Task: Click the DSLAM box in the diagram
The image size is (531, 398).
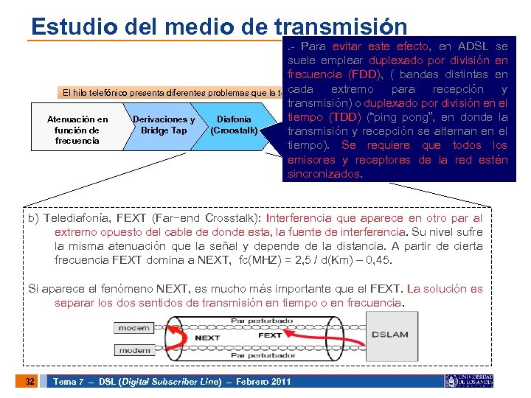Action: point(389,334)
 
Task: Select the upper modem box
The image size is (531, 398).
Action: point(134,327)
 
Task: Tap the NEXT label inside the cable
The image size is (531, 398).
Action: point(207,338)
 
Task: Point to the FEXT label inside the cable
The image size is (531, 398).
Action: point(270,335)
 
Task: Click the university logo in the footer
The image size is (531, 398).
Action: point(469,380)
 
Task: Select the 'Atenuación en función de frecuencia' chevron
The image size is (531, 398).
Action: point(77,130)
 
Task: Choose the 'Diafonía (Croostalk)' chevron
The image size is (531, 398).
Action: point(234,125)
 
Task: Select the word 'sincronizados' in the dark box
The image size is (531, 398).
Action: point(324,175)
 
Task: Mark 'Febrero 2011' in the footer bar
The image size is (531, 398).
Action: point(262,381)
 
